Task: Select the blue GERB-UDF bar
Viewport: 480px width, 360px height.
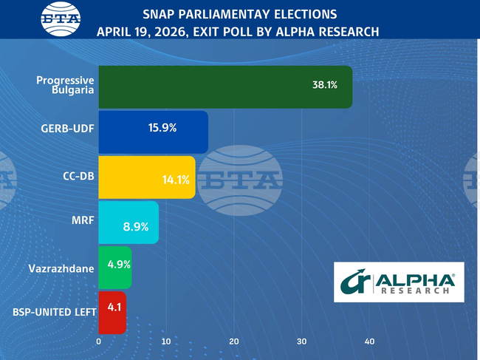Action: coord(153,132)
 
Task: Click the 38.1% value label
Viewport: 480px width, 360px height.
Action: coord(325,85)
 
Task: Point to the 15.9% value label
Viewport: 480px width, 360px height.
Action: coord(162,127)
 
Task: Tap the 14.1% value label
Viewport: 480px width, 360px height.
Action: coord(176,180)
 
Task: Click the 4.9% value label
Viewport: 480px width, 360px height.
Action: coord(120,264)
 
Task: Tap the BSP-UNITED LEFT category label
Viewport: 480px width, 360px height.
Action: coord(55,312)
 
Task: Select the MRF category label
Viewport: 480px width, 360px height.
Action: coord(83,220)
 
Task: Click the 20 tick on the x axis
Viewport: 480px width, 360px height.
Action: coord(234,342)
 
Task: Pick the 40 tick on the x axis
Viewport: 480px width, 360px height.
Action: coord(369,342)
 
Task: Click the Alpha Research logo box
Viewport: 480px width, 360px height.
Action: coord(399,282)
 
